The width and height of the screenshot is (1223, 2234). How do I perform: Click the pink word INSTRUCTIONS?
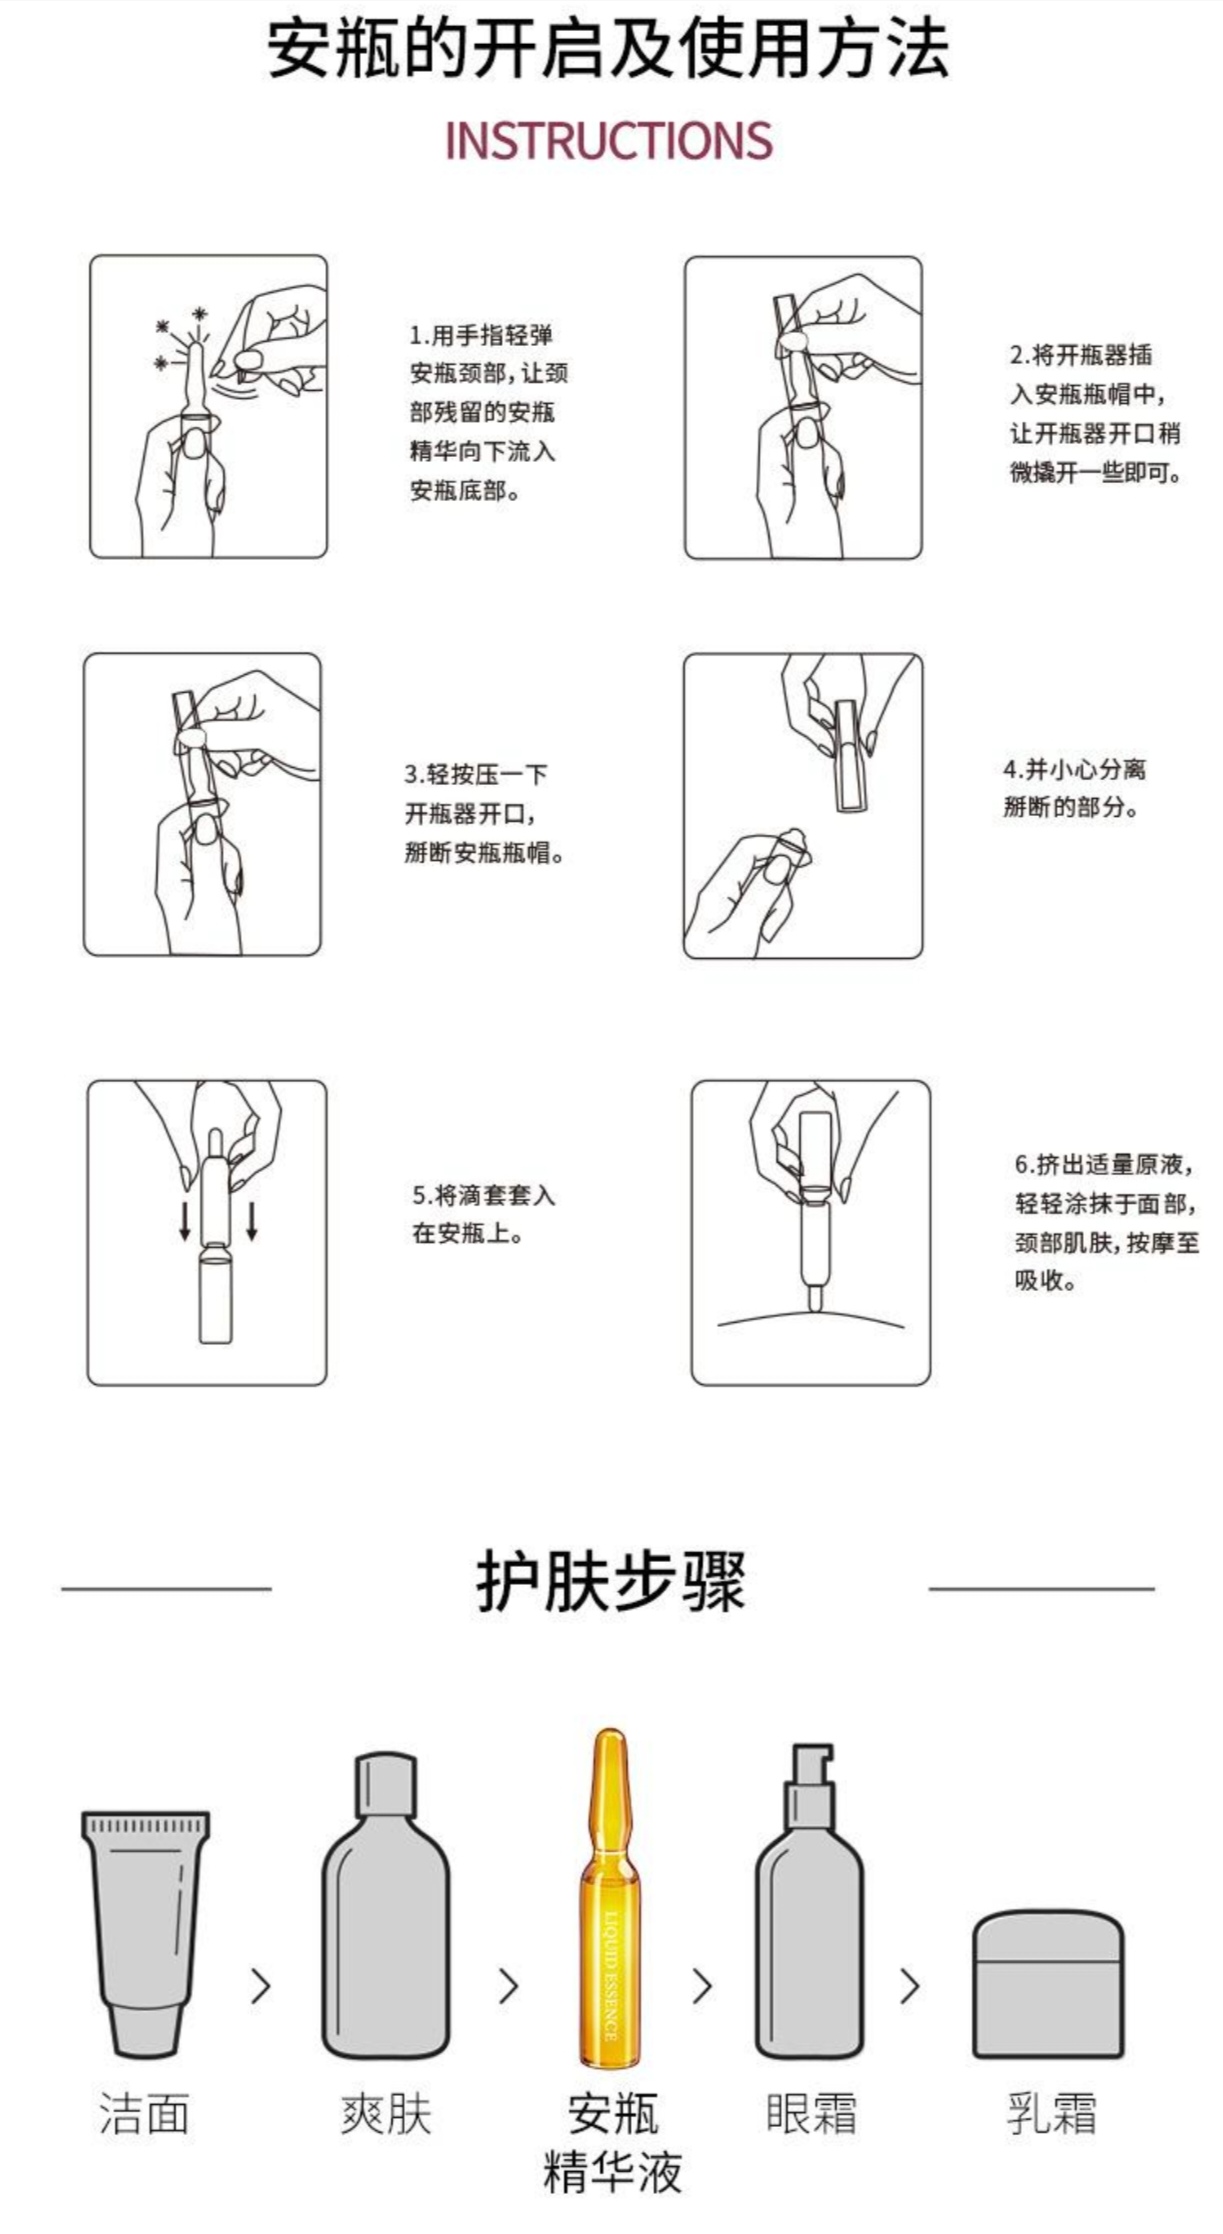tap(608, 140)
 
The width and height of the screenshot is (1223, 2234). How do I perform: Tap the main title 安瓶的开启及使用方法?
tap(608, 50)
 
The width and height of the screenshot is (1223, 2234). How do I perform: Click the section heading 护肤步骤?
tap(611, 1581)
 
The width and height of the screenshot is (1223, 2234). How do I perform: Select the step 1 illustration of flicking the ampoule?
tap(208, 406)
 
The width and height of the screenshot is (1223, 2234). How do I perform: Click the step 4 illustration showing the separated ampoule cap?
tap(803, 806)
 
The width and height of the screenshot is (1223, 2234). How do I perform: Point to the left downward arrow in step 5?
tap(184, 1220)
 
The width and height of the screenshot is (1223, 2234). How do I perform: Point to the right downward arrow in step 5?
tap(251, 1220)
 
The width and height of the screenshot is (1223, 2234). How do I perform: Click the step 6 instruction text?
tap(1106, 1222)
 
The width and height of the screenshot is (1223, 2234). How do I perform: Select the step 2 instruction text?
tap(1095, 413)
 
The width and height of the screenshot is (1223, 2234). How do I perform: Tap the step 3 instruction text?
tap(484, 813)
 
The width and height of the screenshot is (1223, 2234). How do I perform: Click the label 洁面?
tap(144, 2115)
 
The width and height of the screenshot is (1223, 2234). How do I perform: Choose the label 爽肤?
tap(386, 2115)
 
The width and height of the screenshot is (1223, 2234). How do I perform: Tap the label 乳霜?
tap(1051, 2115)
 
